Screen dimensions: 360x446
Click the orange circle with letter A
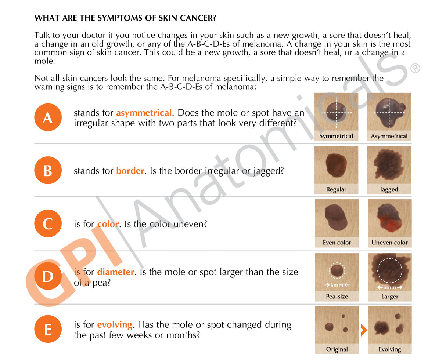[x=48, y=118]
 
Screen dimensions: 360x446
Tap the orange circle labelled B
[x=48, y=171]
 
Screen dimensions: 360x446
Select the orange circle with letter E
[x=48, y=329]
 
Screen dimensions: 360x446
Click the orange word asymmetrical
[x=144, y=113]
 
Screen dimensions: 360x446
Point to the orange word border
[x=130, y=171]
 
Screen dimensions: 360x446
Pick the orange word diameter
[x=115, y=272]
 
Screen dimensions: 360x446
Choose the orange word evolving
[x=114, y=325]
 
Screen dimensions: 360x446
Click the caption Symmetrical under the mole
[x=336, y=136]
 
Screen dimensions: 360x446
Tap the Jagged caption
[x=389, y=189]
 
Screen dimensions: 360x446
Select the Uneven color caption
[x=389, y=243]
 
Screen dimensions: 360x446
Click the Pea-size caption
[x=337, y=297]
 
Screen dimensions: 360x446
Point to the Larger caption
[x=389, y=297]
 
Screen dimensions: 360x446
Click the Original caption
[x=337, y=349]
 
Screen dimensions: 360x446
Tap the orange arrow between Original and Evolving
[x=363, y=330]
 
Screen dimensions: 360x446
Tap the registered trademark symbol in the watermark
[x=414, y=68]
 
